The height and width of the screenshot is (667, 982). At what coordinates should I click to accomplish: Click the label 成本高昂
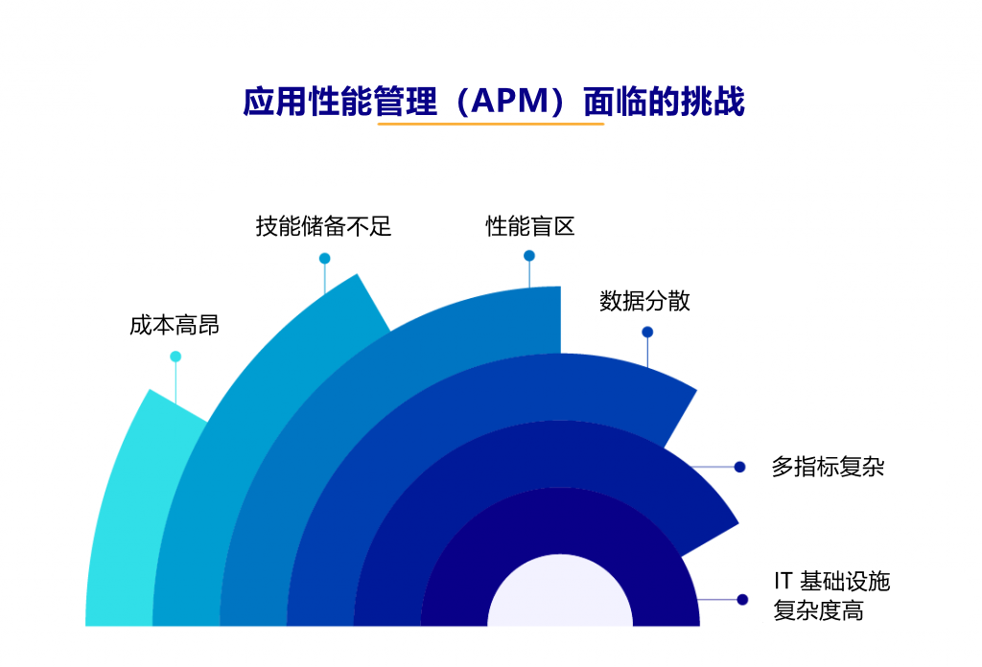click(x=175, y=326)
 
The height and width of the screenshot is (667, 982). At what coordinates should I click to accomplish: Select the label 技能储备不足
click(x=323, y=226)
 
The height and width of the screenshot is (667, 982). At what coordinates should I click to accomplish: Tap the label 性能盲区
click(x=529, y=226)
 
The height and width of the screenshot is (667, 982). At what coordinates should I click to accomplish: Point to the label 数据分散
click(x=644, y=301)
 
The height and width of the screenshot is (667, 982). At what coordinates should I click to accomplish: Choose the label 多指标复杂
click(x=828, y=468)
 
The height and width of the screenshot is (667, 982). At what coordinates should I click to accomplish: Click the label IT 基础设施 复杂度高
click(x=831, y=595)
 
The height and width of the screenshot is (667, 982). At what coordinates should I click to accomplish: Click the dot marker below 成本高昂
click(x=175, y=356)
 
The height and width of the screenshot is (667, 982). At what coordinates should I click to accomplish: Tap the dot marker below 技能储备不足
click(x=324, y=258)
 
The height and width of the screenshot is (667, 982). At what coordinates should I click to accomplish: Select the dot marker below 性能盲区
click(x=529, y=256)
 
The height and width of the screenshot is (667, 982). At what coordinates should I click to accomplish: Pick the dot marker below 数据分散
click(x=647, y=333)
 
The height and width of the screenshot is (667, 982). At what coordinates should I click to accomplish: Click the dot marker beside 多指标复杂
click(x=739, y=467)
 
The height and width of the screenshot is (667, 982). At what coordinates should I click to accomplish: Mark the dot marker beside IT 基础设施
click(x=741, y=599)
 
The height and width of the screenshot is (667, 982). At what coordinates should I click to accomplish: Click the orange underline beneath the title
click(x=490, y=124)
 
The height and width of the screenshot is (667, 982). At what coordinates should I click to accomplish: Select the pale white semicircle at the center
click(x=560, y=599)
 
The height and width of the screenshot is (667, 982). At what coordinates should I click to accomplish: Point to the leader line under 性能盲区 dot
click(x=529, y=274)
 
